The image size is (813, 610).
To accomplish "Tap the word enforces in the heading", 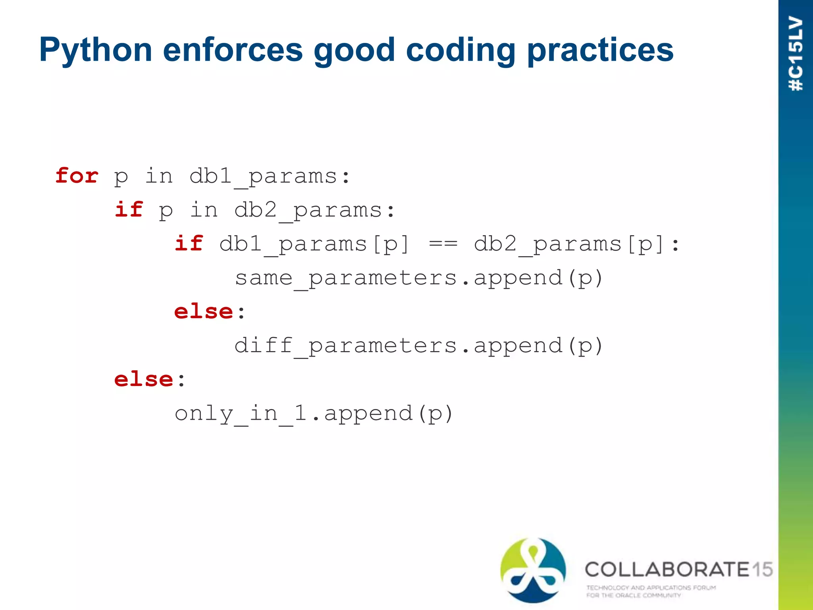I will [x=233, y=50].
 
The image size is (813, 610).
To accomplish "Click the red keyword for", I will [x=77, y=176].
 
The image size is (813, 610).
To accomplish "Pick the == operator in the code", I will [x=443, y=244].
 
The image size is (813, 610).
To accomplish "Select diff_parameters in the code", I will [x=345, y=346].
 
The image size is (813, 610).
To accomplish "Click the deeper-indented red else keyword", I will [x=204, y=312].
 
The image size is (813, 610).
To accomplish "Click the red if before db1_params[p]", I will [x=189, y=243].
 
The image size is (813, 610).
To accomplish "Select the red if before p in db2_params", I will [x=129, y=210].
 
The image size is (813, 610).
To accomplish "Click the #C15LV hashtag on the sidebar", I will [x=796, y=54].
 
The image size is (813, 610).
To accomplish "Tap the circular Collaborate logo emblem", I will [x=533, y=570].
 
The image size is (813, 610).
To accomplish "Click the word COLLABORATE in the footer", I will [x=667, y=569].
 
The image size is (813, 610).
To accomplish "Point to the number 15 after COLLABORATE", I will [x=762, y=569].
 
